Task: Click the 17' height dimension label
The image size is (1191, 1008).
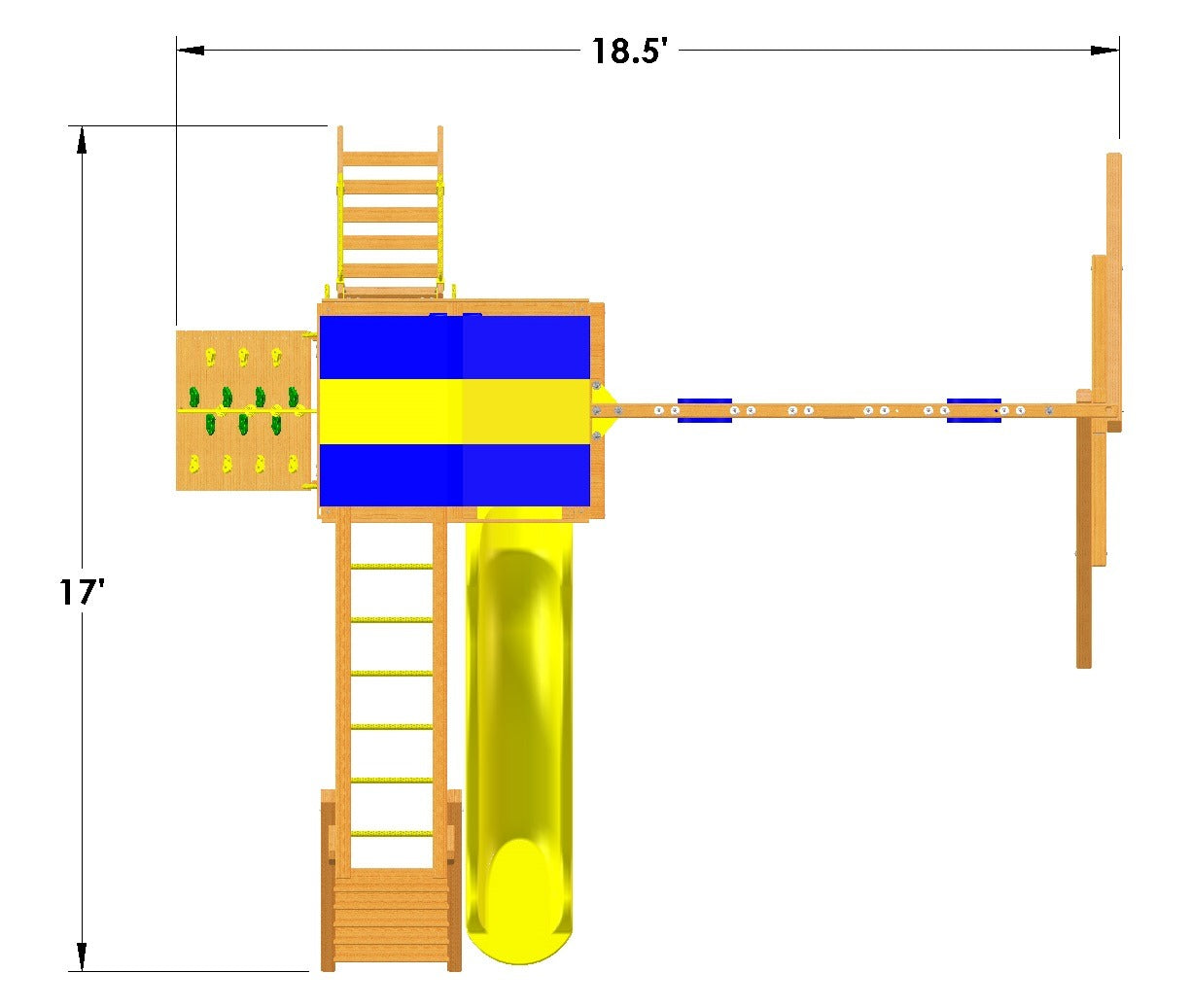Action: point(82,592)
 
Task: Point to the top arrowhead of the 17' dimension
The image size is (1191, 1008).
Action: point(82,140)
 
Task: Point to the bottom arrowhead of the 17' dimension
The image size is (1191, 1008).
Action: point(82,956)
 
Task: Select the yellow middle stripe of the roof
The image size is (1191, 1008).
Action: point(454,411)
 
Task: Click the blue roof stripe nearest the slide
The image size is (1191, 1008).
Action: point(454,474)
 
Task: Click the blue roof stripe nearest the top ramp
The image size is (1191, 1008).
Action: point(454,347)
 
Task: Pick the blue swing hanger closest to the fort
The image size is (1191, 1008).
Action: point(704,410)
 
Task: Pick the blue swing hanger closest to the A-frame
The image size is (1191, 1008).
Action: point(973,410)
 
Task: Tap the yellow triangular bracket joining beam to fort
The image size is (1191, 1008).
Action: point(604,410)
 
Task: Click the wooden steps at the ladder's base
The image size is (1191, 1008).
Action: point(391,919)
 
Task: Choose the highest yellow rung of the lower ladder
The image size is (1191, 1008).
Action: point(391,566)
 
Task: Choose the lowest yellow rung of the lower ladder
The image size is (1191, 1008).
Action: point(391,833)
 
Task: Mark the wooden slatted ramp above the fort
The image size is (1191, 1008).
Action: point(390,214)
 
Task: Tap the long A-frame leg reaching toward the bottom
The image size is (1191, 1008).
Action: point(1083,583)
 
